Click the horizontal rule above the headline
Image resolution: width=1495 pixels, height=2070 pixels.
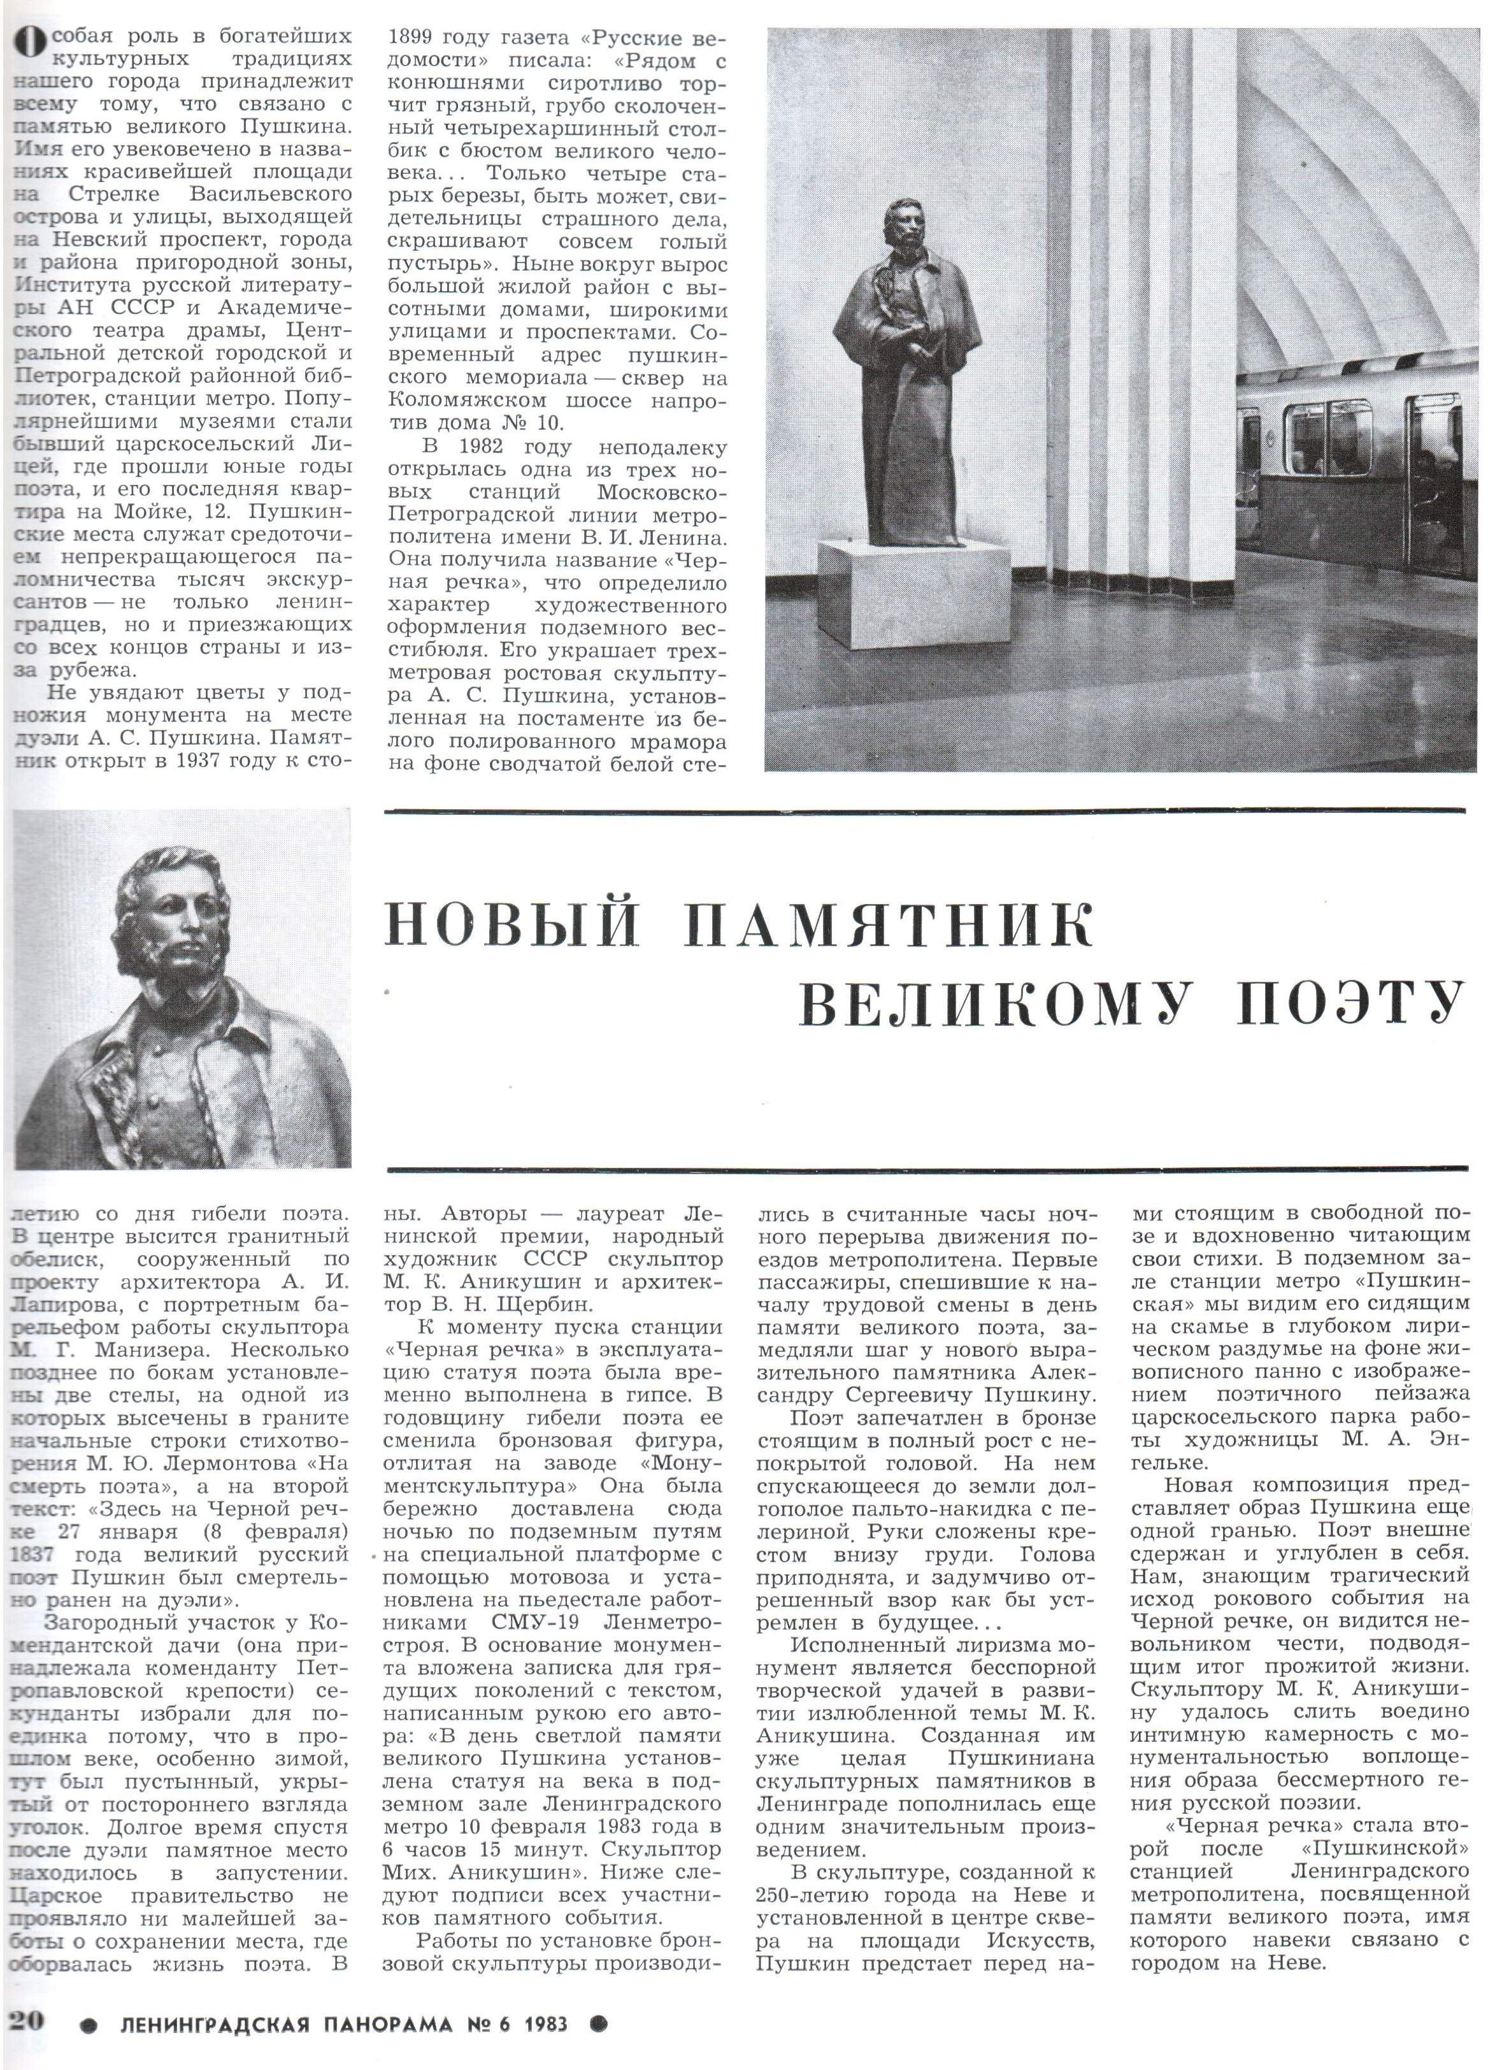coord(926,810)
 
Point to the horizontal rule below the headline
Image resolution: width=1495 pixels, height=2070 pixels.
coord(926,1167)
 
